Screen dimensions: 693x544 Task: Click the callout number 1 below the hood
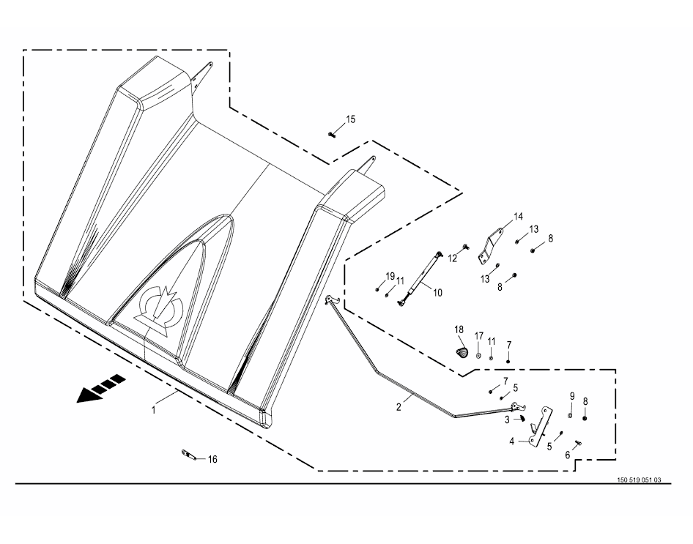tap(154, 410)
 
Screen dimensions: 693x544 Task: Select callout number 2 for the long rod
tap(399, 407)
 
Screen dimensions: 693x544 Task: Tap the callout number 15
tap(350, 119)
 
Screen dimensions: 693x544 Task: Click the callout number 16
tap(212, 460)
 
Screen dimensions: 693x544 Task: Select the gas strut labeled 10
tap(420, 277)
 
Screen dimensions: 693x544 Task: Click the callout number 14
tap(519, 217)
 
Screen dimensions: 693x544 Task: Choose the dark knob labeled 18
tap(461, 352)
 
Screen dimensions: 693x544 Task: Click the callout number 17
tap(479, 336)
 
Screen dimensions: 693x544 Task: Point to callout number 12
tap(452, 258)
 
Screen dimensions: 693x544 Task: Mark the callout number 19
tap(390, 277)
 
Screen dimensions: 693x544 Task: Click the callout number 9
tap(572, 396)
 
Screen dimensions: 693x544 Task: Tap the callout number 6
tap(568, 455)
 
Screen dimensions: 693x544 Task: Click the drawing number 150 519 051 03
tap(639, 480)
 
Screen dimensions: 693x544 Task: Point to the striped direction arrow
tap(101, 388)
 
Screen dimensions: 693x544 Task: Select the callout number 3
tap(508, 420)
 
